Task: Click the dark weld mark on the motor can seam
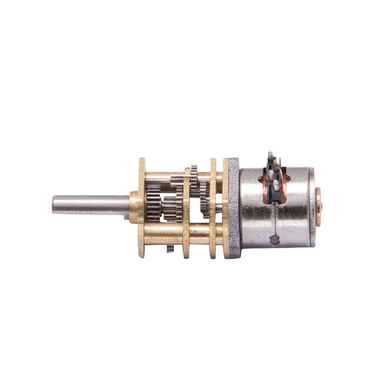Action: click(274, 240)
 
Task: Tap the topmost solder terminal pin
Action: click(270, 155)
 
